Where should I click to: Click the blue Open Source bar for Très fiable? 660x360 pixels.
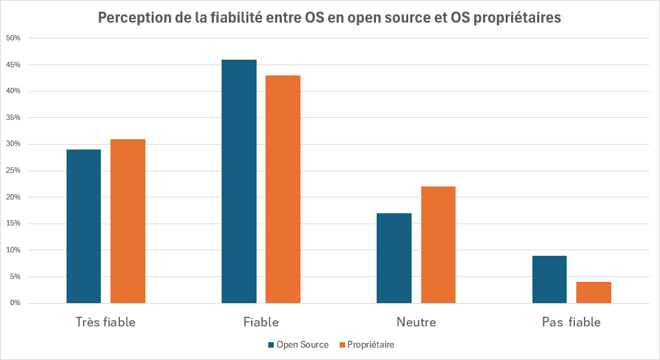click(x=84, y=226)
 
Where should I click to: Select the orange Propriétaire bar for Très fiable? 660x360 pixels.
click(x=128, y=221)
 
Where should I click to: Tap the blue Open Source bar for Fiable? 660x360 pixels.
click(x=239, y=181)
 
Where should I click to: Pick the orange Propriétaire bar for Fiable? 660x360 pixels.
click(x=283, y=189)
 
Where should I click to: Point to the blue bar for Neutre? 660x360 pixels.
click(x=394, y=258)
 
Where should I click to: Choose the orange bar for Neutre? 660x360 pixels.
click(x=438, y=245)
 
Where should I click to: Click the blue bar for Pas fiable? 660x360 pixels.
click(x=550, y=279)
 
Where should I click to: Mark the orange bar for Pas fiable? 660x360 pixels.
click(x=593, y=292)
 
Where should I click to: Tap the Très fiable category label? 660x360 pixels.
click(x=105, y=322)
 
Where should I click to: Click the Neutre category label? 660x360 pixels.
click(x=416, y=322)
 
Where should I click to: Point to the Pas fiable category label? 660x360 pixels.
click(x=571, y=322)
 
